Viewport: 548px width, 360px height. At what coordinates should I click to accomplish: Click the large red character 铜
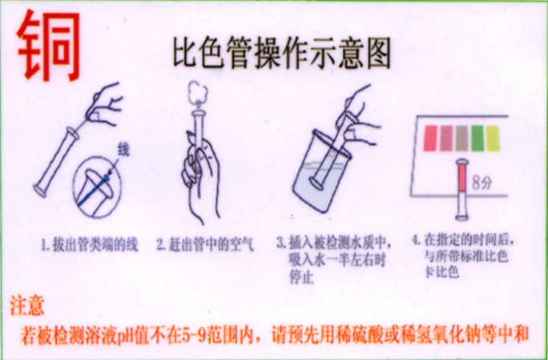(50, 47)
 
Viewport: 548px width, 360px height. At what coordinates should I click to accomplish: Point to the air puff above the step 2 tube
(195, 95)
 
